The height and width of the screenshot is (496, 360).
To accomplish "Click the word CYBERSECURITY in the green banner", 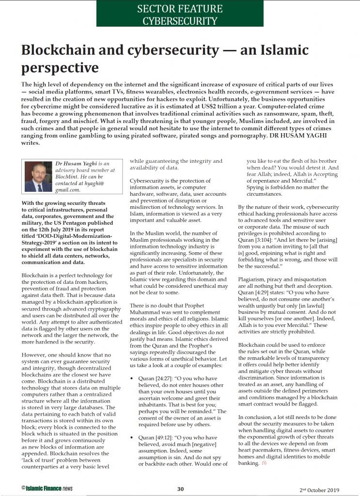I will (x=180, y=21).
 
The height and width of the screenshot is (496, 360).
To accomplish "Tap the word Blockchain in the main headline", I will (x=60, y=50).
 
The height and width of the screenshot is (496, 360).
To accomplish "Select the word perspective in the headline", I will (x=60, y=67).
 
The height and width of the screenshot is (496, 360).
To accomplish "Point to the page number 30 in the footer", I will (x=180, y=489).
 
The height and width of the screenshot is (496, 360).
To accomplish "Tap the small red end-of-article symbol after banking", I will (x=264, y=463).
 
